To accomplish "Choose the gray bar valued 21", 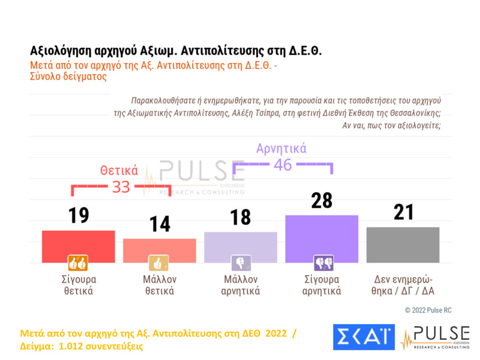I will [x=403, y=244].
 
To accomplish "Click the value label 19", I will [x=79, y=215].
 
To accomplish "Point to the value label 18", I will [x=241, y=217].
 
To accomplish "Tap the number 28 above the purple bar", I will [x=321, y=201].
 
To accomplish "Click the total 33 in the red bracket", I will [x=121, y=187].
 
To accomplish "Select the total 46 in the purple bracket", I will [x=283, y=165].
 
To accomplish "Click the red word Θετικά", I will [x=119, y=170].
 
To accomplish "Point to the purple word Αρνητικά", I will [x=281, y=148].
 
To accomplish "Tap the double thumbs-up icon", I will [x=77, y=263].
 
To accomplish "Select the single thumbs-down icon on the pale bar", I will [x=241, y=263].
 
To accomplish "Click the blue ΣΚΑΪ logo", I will [x=364, y=337].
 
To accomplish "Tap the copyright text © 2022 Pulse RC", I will [x=428, y=310].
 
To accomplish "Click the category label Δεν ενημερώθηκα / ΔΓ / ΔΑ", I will [x=403, y=285].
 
